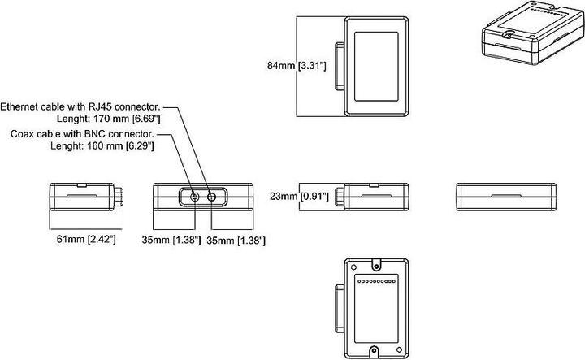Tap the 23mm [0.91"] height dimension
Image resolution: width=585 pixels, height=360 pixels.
click(298, 196)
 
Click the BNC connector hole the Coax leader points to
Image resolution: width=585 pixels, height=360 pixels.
click(195, 197)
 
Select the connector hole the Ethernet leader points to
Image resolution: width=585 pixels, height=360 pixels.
click(213, 197)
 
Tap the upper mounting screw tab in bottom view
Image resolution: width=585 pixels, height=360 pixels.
click(375, 263)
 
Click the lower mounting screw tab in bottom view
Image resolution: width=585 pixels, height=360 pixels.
click(375, 352)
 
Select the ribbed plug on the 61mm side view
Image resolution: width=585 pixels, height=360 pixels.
click(120, 197)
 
